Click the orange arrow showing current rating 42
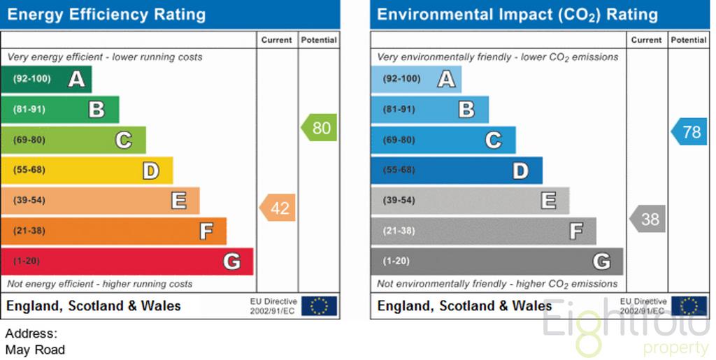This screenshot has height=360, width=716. pyautogui.click(x=278, y=208)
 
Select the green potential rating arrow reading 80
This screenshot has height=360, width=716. pyautogui.click(x=319, y=127)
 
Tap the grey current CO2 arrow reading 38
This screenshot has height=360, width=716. pyautogui.click(x=647, y=219)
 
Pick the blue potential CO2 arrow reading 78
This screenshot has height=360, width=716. pyautogui.click(x=689, y=131)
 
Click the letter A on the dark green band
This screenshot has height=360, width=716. pyautogui.click(x=77, y=79)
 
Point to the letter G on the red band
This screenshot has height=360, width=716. pyautogui.click(x=232, y=261)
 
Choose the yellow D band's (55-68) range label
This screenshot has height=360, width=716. pyautogui.click(x=29, y=170)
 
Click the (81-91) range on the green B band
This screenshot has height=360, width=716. pyautogui.click(x=29, y=109)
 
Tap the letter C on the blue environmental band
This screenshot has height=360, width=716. pyautogui.click(x=494, y=140)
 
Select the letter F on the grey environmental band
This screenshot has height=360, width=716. pyautogui.click(x=576, y=231)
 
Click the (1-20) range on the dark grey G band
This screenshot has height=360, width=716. pyautogui.click(x=396, y=261)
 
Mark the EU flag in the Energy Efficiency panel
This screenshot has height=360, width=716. pyautogui.click(x=319, y=306)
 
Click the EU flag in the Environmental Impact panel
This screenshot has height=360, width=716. pyautogui.click(x=689, y=306)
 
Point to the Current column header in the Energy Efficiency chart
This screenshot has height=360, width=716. pyautogui.click(x=277, y=40)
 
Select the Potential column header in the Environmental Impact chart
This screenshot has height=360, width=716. pyautogui.click(x=689, y=40)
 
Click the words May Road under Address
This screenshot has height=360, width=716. pyautogui.click(x=35, y=350)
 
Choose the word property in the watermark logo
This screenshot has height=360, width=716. pyautogui.click(x=675, y=349)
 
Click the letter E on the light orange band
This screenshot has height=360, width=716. pyautogui.click(x=179, y=201)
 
